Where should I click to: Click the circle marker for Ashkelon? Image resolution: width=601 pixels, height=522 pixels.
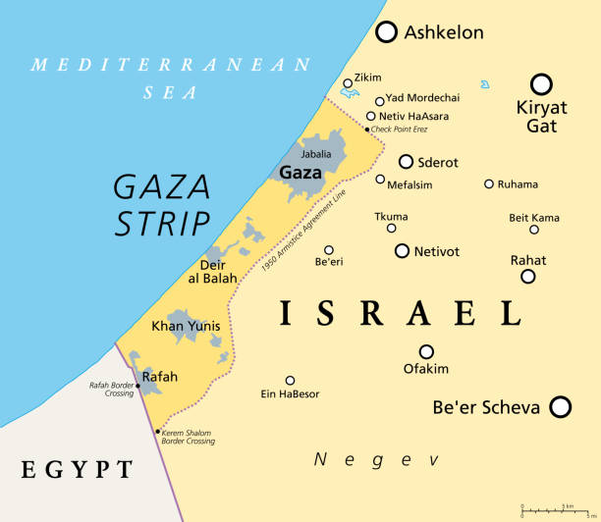click(388, 32)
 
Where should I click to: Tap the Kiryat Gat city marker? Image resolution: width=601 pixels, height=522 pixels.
click(541, 84)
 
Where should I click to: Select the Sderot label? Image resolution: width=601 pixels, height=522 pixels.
click(439, 162)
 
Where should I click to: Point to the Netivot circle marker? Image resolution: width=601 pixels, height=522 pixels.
click(402, 251)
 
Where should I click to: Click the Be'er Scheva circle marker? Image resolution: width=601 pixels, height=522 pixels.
click(561, 406)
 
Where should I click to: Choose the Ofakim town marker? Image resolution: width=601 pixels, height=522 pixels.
click(426, 351)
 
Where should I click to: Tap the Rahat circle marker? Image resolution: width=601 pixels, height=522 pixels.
click(528, 277)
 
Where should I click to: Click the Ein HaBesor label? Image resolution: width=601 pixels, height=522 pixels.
click(291, 394)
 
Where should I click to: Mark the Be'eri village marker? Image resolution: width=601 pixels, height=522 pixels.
click(329, 250)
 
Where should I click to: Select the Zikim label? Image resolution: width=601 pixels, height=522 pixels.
click(368, 78)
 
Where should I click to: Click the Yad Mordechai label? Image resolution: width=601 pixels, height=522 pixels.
click(423, 98)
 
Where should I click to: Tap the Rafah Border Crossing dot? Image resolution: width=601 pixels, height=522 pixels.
click(138, 387)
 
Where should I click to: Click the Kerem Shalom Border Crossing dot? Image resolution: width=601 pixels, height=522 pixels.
click(158, 431)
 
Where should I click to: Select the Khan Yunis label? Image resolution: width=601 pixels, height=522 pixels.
click(186, 326)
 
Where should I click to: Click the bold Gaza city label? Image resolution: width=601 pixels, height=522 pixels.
click(300, 173)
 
